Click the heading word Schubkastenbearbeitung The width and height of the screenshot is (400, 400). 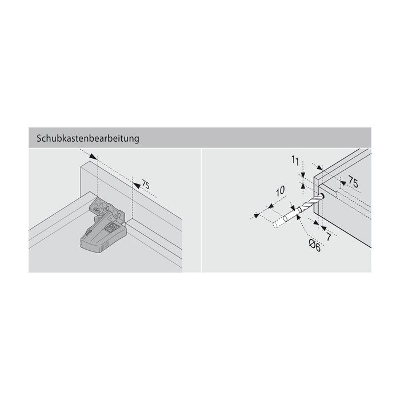point(88,138)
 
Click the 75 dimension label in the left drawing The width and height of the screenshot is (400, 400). point(145,185)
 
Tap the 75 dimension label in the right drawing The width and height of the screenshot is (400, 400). point(353,182)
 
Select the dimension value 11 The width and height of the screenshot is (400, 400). point(295,161)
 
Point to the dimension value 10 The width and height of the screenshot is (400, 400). point(280,191)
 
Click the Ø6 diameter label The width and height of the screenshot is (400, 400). point(315,246)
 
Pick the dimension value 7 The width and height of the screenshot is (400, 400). point(329,237)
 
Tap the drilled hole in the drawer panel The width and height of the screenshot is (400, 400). point(322,196)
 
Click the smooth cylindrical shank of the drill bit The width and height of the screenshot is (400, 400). point(291,214)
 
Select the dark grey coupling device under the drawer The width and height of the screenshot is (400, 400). point(103,226)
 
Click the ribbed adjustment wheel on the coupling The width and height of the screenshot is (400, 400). point(111,228)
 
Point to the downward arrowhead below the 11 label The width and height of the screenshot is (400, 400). point(303,175)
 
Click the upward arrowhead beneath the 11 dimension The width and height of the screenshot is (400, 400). point(303,186)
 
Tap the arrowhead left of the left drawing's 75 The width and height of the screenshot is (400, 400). point(137,186)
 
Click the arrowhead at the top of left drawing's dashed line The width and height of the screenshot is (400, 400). point(93,157)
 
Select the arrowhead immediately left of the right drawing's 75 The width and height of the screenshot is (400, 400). point(343,183)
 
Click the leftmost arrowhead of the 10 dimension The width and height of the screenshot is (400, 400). point(257,215)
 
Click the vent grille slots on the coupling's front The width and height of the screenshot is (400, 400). point(103,247)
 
